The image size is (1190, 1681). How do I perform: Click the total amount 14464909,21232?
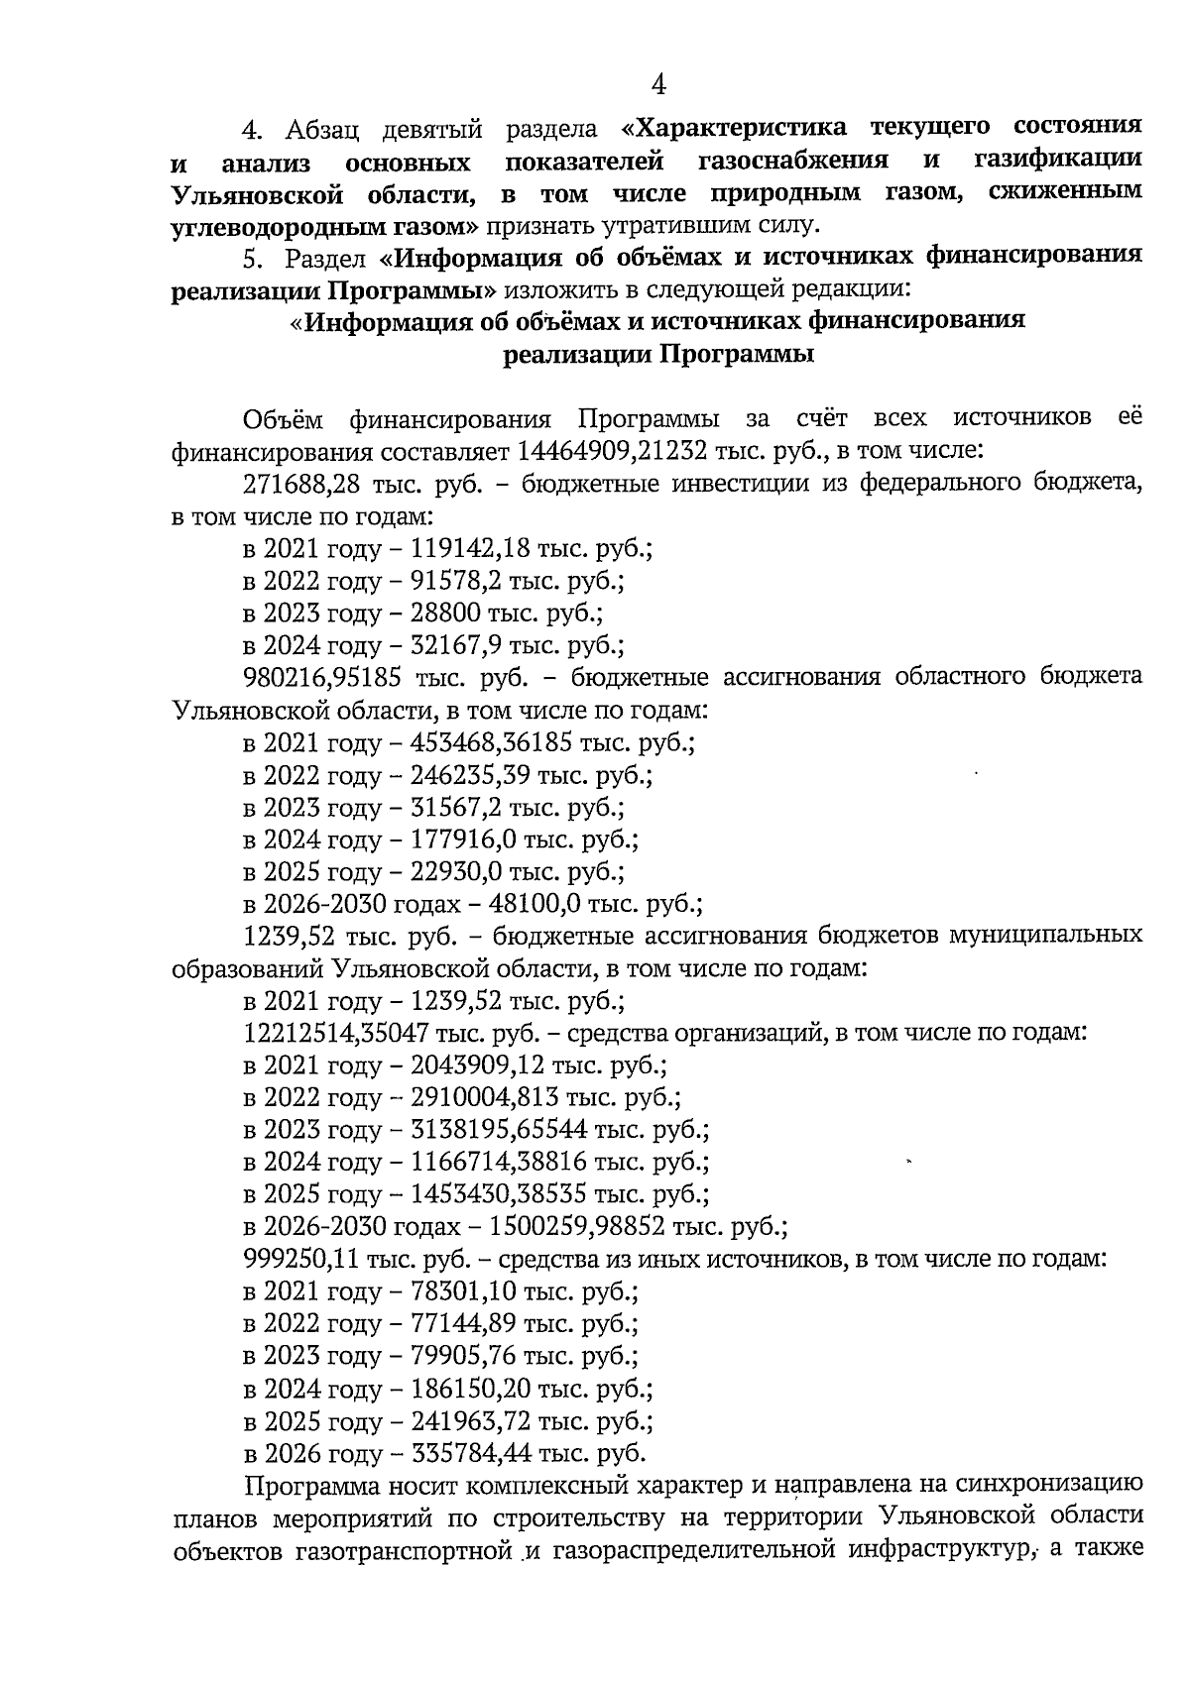tap(612, 452)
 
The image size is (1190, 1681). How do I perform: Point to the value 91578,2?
tap(456, 581)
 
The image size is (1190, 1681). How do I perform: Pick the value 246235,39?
tap(470, 775)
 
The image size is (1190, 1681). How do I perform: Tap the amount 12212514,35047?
tap(336, 1033)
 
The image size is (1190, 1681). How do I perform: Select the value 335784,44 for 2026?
tap(470, 1454)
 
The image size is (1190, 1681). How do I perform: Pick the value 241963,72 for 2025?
tap(470, 1422)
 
